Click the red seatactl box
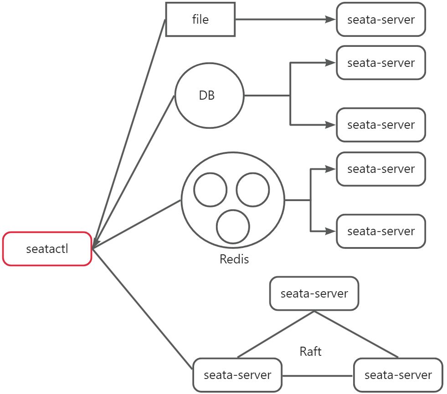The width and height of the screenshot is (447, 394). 47,249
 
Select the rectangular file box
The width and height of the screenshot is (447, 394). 200,20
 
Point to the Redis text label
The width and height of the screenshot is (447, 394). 234,259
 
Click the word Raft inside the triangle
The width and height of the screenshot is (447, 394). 311,351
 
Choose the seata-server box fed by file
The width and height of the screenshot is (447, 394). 381,20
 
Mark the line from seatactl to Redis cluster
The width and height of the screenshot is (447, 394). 137,224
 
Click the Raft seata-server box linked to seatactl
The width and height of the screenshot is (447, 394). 237,375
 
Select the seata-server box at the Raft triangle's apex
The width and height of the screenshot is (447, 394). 314,294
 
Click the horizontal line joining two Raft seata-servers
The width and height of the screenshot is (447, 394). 318,376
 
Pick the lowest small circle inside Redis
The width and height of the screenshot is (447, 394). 233,227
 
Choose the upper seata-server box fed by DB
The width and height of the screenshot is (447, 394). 381,62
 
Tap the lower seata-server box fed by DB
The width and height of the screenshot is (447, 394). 381,125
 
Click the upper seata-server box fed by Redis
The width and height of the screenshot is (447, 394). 381,169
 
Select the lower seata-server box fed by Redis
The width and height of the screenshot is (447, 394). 381,231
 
